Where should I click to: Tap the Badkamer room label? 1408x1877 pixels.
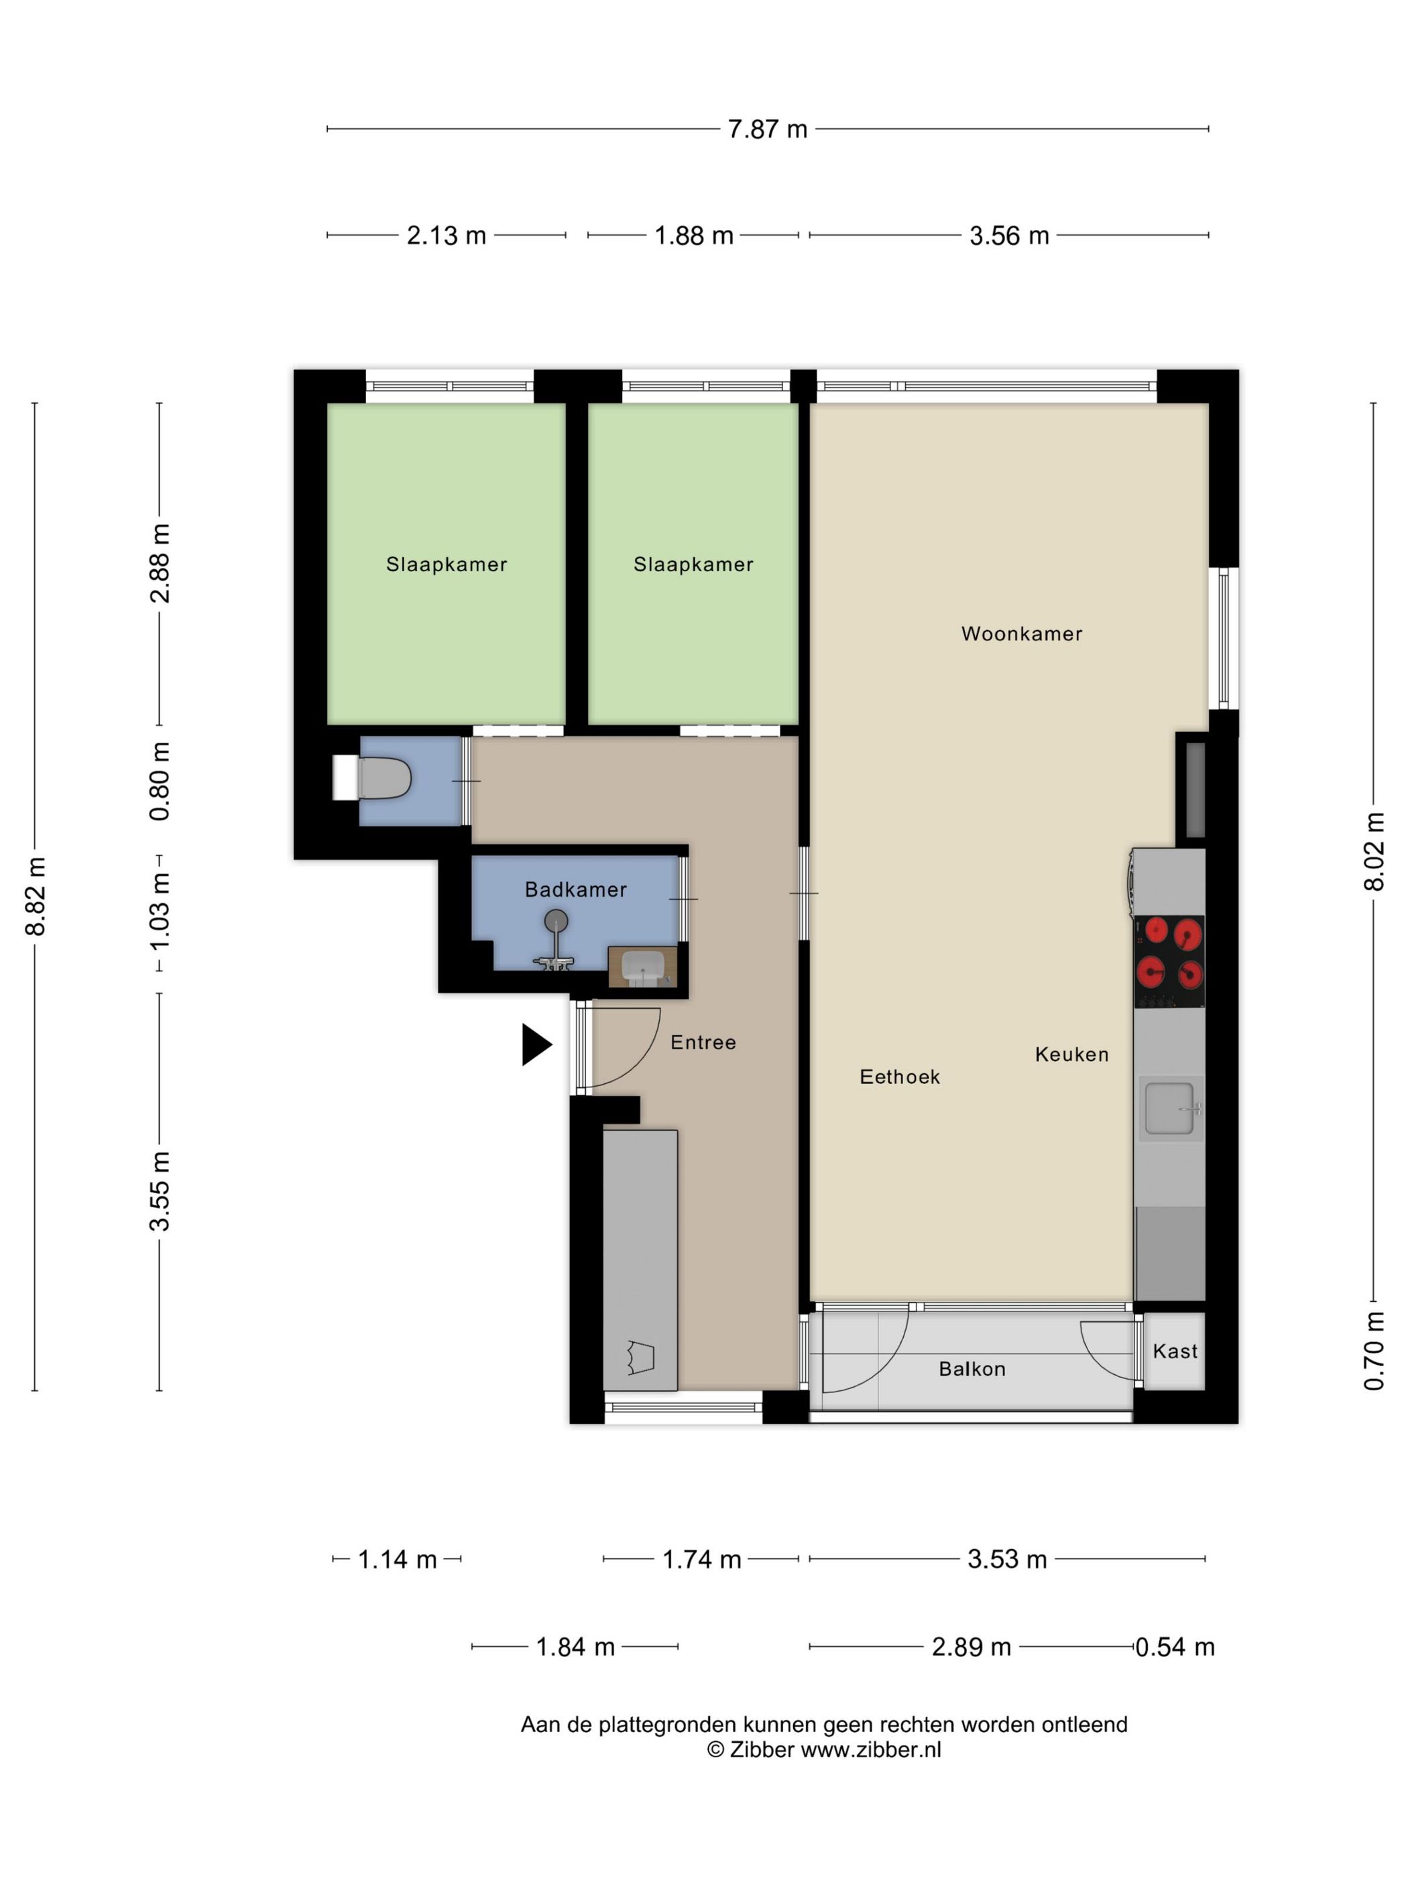click(575, 890)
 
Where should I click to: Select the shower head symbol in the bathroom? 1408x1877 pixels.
click(556, 920)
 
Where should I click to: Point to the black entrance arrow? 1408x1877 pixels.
click(534, 1044)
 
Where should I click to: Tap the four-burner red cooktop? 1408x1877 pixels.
click(1169, 961)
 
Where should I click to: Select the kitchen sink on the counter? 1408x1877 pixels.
click(1169, 1107)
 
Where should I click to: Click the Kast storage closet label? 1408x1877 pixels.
click(1175, 1351)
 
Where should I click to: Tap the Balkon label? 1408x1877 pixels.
click(972, 1369)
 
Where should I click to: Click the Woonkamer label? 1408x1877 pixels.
click(1021, 634)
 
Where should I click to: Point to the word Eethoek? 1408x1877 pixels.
click(900, 1077)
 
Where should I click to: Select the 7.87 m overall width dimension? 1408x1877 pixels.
click(767, 129)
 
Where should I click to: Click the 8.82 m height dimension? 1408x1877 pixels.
click(36, 896)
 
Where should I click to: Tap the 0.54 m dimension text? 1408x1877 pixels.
click(1175, 1647)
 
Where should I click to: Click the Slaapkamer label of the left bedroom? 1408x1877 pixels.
click(447, 564)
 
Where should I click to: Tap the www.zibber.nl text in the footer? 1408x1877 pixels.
click(871, 1750)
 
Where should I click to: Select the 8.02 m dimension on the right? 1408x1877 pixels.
click(1373, 851)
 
